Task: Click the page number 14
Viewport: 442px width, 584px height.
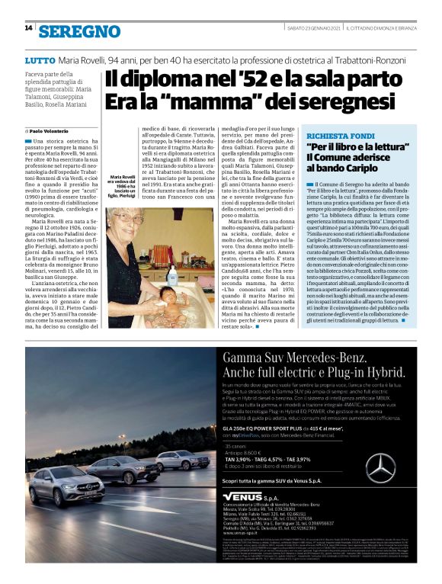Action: tap(28, 28)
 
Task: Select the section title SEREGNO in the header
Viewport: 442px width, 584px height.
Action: tap(79, 31)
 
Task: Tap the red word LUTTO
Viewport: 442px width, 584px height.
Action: tap(39, 59)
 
